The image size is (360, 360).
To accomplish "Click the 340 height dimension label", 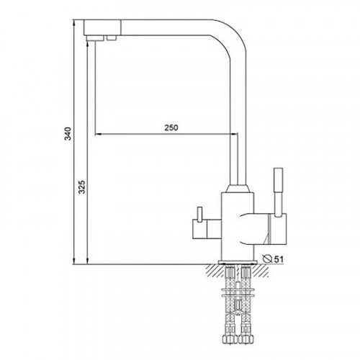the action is point(68,134).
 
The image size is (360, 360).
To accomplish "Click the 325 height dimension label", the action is point(82,187).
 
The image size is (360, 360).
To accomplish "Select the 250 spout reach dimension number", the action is point(171,127).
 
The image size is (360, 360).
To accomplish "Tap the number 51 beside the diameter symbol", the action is point(279,259).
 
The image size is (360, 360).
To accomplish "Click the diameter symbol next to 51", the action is point(267,258).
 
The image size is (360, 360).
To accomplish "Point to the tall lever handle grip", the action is point(278,180).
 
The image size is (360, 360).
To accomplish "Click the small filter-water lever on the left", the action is point(199,214).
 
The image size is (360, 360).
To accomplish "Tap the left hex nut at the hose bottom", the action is point(230,338).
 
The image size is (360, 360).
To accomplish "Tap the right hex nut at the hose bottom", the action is point(246,338).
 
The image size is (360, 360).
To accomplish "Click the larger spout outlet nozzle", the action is point(95,38).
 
